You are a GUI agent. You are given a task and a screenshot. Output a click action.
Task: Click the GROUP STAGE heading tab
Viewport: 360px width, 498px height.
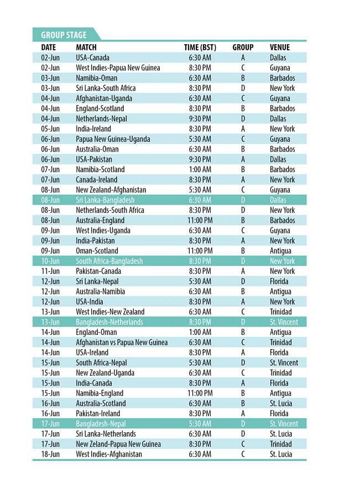click(x=64, y=35)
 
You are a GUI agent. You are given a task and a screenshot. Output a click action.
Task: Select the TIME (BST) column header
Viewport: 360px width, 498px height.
click(x=200, y=48)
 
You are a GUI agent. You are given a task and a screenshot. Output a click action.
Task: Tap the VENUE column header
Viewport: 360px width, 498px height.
click(x=280, y=48)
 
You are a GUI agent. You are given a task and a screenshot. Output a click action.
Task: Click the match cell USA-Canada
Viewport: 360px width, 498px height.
click(x=92, y=58)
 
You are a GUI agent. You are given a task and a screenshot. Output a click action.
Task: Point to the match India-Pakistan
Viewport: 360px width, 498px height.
click(x=95, y=241)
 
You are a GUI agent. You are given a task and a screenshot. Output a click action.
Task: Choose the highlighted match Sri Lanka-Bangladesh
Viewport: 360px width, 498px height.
click(x=105, y=200)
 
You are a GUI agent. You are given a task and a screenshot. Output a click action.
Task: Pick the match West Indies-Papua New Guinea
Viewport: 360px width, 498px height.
click(x=118, y=68)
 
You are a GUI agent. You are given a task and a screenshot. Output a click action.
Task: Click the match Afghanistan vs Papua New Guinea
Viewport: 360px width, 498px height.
click(x=122, y=343)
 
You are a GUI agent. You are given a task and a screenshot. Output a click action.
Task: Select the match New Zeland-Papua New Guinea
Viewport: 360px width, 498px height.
click(x=118, y=444)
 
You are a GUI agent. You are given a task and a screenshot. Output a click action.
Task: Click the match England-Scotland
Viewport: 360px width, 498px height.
click(x=100, y=108)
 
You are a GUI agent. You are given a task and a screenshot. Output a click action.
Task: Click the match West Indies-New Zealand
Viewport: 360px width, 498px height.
click(x=110, y=312)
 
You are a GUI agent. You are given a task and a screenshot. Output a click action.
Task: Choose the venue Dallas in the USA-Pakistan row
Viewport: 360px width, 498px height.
click(x=278, y=159)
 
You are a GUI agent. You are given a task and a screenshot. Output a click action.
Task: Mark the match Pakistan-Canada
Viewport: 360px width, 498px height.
click(x=98, y=271)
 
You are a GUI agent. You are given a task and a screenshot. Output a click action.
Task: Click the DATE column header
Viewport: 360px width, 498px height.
click(x=49, y=48)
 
